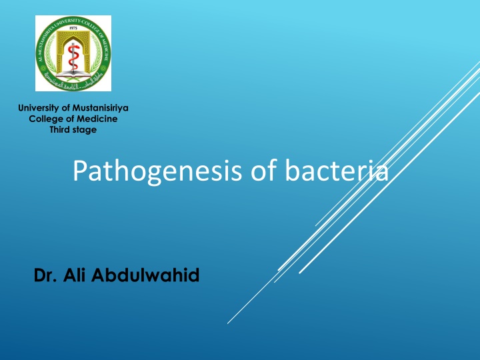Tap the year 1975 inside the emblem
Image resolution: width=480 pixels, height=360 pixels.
tap(73, 29)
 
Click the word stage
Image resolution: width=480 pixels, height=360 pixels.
tap(85, 129)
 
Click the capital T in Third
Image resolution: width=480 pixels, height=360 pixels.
tap(52, 129)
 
